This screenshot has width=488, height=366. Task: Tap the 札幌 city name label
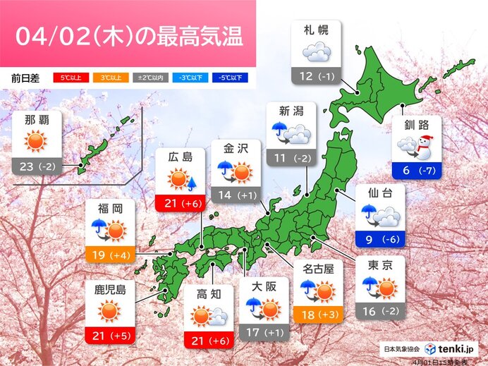[316, 31]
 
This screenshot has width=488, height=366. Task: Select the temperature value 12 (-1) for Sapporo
[316, 75]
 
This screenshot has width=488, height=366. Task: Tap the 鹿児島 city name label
[109, 288]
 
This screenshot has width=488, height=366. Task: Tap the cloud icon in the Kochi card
[218, 319]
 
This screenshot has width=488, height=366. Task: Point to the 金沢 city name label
[236, 150]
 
